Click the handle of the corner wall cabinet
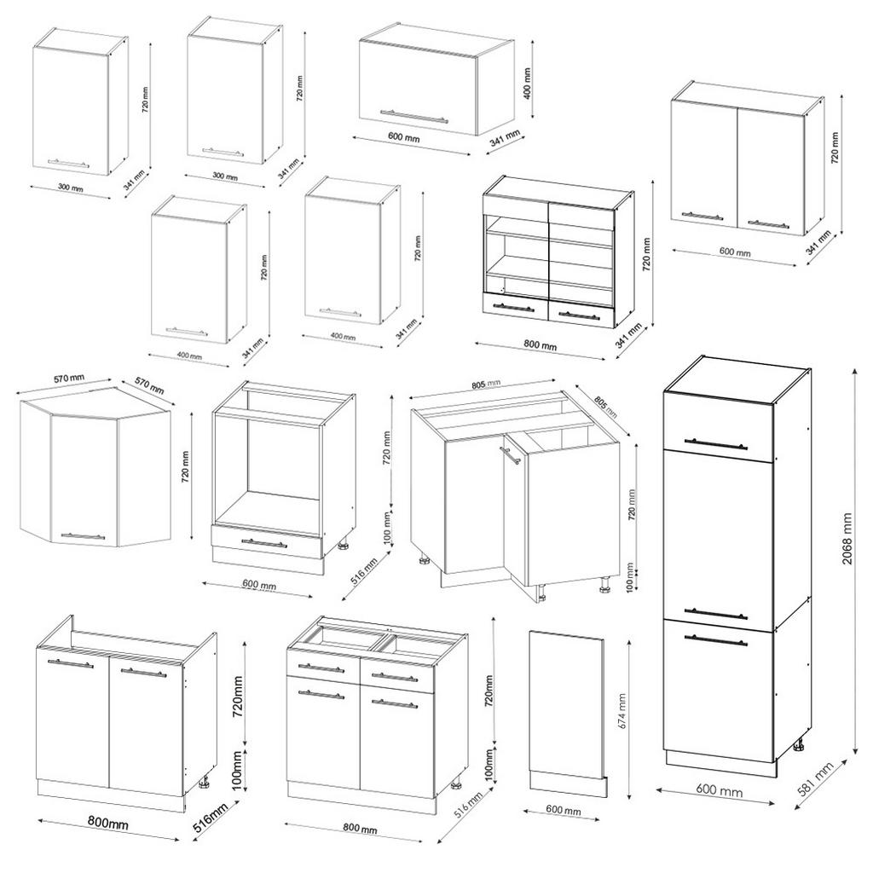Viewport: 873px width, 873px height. [83, 536]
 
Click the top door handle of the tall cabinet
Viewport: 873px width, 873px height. [716, 443]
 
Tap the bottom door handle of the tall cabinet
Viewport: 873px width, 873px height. [716, 639]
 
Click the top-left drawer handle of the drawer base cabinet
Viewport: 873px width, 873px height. [321, 668]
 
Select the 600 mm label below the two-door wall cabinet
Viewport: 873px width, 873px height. [734, 253]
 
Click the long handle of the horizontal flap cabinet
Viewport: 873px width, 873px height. [413, 116]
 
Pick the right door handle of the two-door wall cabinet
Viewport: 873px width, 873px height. [767, 224]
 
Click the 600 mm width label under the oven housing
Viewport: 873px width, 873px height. [259, 586]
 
